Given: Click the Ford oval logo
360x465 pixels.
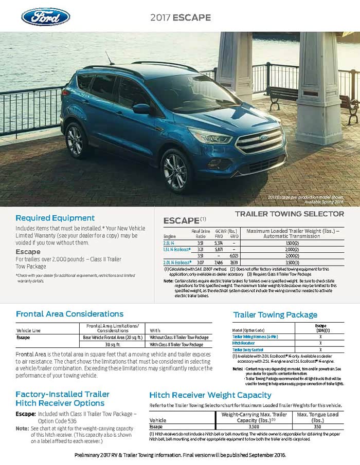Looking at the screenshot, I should [x=45, y=16].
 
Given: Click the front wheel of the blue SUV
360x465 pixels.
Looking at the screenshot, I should [x=176, y=171].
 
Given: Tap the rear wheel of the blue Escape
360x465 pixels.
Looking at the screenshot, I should [x=76, y=140].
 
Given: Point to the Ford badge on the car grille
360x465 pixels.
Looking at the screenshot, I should [x=263, y=138].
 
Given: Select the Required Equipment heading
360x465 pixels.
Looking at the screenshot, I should [x=55, y=218].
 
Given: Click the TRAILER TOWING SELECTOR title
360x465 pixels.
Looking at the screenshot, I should [x=289, y=214].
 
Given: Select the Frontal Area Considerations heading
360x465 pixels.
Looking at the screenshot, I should [x=69, y=313].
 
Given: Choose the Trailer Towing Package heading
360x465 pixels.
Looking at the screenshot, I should [x=275, y=314].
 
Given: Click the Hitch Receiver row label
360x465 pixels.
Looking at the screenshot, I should [x=245, y=343].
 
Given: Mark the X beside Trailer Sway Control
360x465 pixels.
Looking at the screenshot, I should [x=320, y=349].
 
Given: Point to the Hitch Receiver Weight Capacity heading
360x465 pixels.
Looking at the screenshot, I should [x=210, y=395].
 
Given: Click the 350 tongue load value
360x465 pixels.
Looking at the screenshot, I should [x=318, y=426].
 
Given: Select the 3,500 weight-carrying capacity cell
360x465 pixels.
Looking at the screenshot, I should [x=254, y=426].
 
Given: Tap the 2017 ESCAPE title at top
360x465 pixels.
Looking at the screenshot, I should [x=180, y=17].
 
